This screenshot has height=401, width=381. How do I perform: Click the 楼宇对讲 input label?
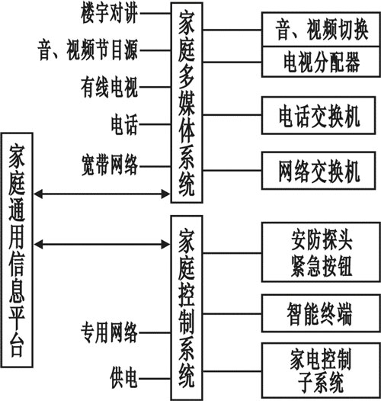(x=110, y=14)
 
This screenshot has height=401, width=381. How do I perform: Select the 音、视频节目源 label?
(x=88, y=50)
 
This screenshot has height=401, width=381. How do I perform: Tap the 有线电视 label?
(x=110, y=87)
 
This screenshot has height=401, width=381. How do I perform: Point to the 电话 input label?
(x=124, y=124)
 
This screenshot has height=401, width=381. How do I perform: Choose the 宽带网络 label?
(x=110, y=165)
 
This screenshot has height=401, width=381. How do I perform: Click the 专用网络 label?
(x=110, y=332)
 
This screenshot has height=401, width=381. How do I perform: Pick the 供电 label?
(x=124, y=378)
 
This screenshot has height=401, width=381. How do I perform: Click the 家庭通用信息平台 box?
(x=17, y=250)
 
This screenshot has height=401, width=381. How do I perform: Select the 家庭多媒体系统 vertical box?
(x=187, y=103)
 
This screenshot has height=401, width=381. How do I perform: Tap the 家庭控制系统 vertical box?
(x=187, y=308)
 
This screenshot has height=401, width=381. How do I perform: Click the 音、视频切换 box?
(x=321, y=30)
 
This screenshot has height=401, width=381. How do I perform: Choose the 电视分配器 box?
(x=321, y=62)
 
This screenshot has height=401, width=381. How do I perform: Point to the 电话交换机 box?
(x=319, y=115)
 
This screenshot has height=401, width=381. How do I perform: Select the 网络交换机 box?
(x=319, y=171)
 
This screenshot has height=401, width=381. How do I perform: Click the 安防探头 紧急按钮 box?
(x=321, y=252)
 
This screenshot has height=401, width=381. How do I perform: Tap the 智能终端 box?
(x=321, y=313)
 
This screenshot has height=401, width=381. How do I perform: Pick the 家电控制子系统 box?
(x=321, y=371)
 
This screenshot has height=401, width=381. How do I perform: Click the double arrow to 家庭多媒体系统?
(x=102, y=194)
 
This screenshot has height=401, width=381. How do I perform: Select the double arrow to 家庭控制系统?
(x=102, y=245)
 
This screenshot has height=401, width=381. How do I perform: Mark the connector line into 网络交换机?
(x=232, y=170)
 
